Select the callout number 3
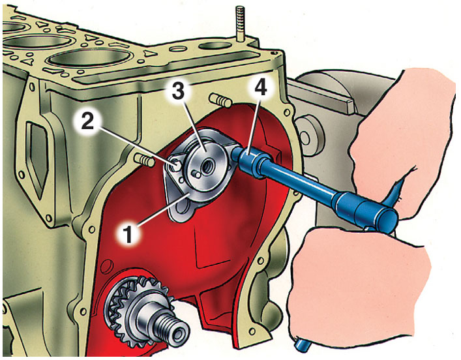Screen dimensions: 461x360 178,92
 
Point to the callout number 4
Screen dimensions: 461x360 260,87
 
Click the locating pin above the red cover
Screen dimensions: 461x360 221,100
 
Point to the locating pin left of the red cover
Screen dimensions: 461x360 144,160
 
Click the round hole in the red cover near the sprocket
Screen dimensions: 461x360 107,266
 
